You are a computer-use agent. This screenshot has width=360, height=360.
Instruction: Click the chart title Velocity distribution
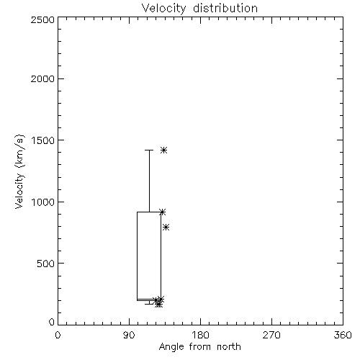click(199, 8)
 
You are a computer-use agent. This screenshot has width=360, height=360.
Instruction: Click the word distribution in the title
click(225, 8)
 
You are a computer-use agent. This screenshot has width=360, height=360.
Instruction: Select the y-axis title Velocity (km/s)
click(19, 171)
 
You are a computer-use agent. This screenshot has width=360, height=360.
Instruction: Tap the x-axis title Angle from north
click(199, 347)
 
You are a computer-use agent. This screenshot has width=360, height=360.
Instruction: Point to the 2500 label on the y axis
click(42, 19)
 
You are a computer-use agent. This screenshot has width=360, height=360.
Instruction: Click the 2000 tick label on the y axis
click(42, 78)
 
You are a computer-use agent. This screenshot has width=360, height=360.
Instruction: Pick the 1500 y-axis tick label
click(43, 140)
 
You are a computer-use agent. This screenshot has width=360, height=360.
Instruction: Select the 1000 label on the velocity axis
click(43, 202)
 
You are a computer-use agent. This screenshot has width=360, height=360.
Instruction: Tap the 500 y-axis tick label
click(45, 264)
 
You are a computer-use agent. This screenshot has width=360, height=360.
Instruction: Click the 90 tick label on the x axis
click(129, 335)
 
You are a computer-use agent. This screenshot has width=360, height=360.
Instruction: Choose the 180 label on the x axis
click(200, 335)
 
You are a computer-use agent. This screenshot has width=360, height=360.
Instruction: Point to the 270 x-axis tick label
click(271, 335)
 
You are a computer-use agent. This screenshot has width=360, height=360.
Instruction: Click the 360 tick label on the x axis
click(343, 335)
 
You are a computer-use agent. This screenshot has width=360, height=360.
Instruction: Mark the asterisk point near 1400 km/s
click(163, 150)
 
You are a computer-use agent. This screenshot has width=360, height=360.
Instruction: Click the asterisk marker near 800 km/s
click(166, 227)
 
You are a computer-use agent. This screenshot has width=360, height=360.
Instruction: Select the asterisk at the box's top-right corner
click(163, 212)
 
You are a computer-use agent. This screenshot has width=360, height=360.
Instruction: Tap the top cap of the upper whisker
click(149, 150)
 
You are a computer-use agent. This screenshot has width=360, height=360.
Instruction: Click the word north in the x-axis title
click(229, 347)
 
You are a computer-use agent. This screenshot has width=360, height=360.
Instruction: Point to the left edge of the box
click(137, 256)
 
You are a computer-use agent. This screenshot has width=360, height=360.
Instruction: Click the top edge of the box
click(149, 212)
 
